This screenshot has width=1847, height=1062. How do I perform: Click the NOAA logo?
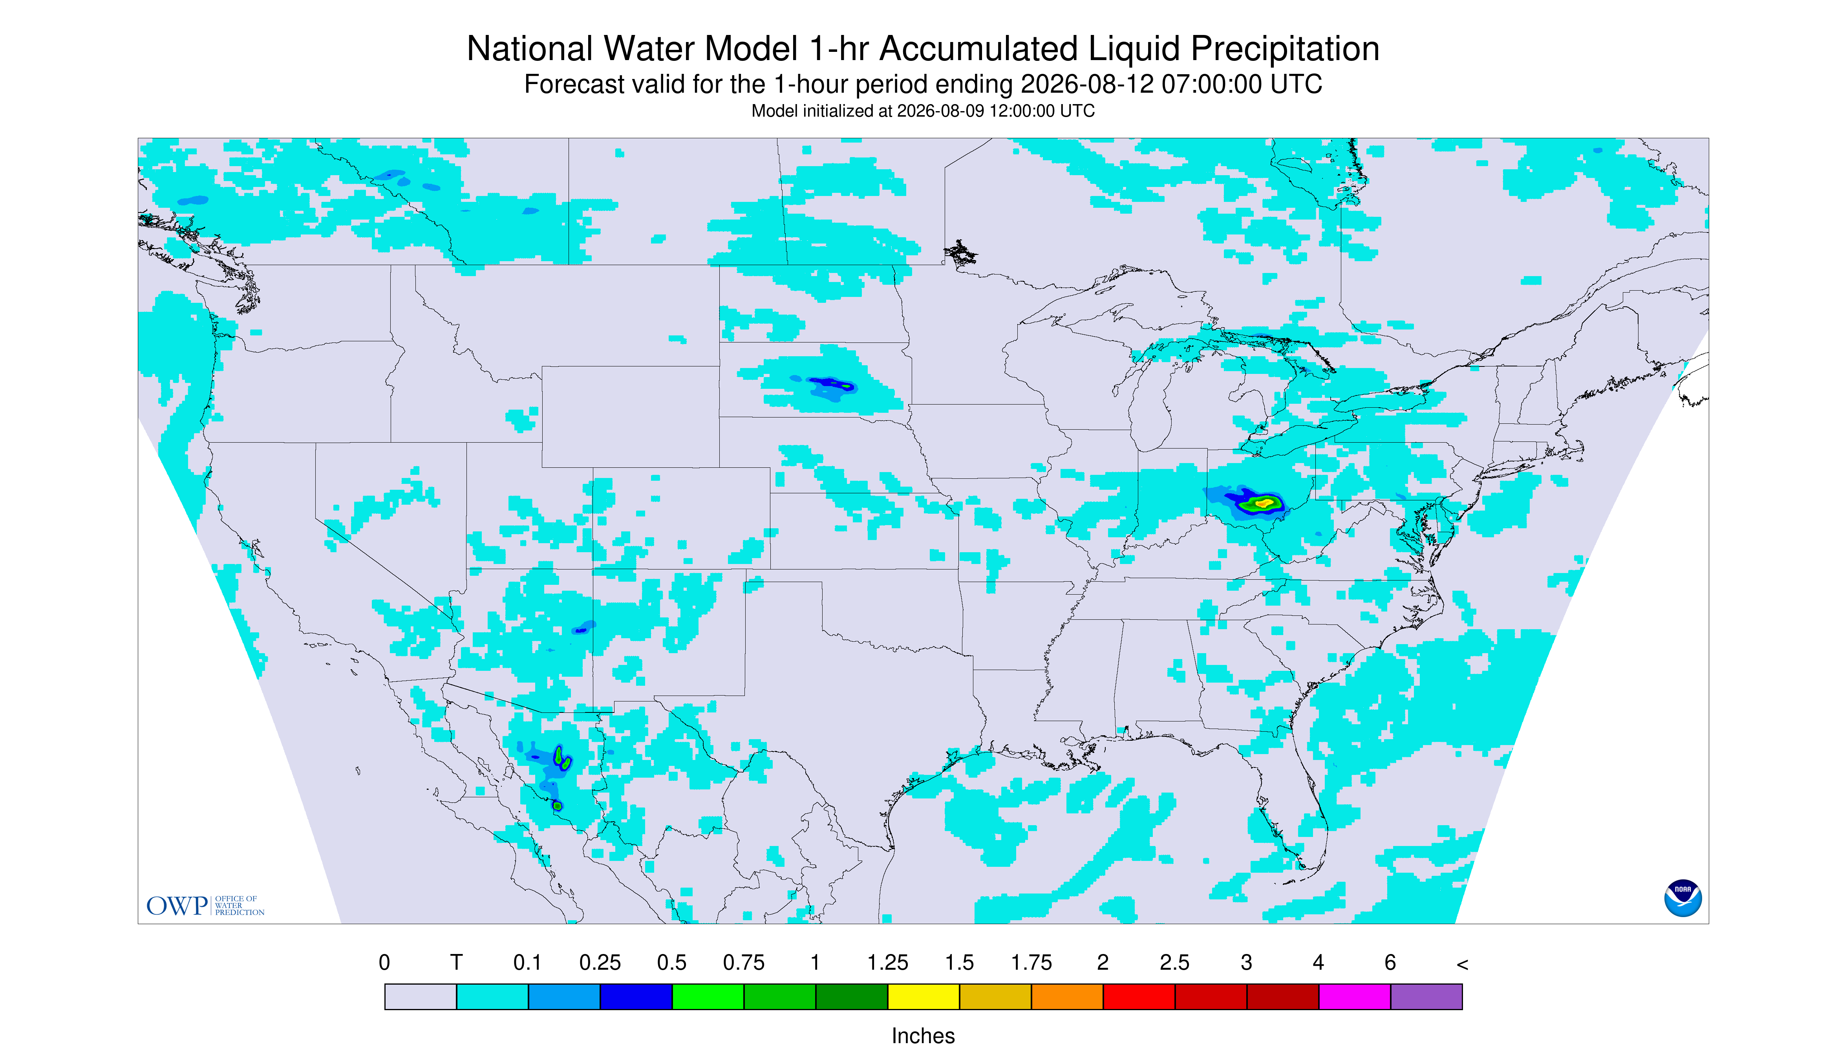pos(1682,898)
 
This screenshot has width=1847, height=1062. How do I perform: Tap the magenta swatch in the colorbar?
pos(1354,996)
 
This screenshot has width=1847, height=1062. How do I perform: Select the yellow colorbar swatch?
pos(923,996)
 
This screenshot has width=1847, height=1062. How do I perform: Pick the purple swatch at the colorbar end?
pos(1426,996)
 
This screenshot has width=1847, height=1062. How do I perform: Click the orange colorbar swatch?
pos(1067,996)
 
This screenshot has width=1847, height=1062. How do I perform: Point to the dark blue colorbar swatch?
pos(636,996)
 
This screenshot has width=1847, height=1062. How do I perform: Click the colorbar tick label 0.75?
pos(744,963)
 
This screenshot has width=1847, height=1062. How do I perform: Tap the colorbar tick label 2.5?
pos(1175,963)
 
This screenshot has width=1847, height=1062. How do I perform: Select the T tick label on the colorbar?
pos(457,963)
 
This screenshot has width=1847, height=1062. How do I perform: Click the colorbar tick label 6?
pos(1390,963)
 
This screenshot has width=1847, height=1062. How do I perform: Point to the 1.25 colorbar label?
pos(887,963)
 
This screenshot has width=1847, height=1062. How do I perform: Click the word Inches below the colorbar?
pos(923,1036)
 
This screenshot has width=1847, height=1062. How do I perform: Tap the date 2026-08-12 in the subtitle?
pos(1087,84)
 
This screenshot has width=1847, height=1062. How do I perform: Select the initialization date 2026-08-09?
pos(941,111)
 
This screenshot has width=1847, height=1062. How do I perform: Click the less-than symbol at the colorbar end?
pos(1462,964)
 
